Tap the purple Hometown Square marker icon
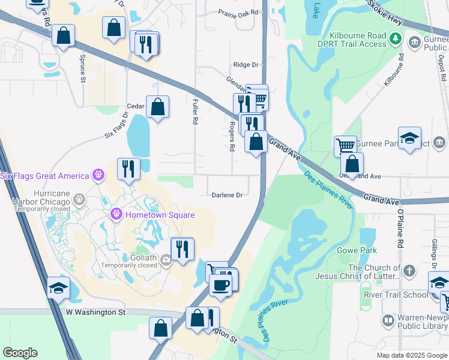click(117, 214)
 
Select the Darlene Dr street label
click(227, 195)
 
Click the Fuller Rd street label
click(195, 112)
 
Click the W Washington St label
click(95, 313)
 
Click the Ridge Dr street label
click(246, 65)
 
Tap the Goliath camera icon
click(166, 260)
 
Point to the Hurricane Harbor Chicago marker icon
click(78, 197)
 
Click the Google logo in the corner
click(20, 353)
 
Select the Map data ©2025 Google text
click(411, 355)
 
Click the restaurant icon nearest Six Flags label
click(129, 169)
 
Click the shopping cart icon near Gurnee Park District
click(345, 145)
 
